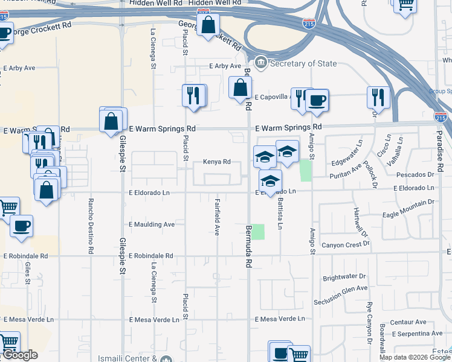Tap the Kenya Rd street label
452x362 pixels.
point(217,162)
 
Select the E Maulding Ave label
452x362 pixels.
point(152,224)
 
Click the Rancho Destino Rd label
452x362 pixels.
point(91,226)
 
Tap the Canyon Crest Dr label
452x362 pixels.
point(345,244)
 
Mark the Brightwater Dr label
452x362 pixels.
point(345,278)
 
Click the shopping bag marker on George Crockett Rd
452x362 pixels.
point(208,25)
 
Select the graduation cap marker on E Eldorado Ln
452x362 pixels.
point(271,180)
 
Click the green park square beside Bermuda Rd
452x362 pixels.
point(258,232)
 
